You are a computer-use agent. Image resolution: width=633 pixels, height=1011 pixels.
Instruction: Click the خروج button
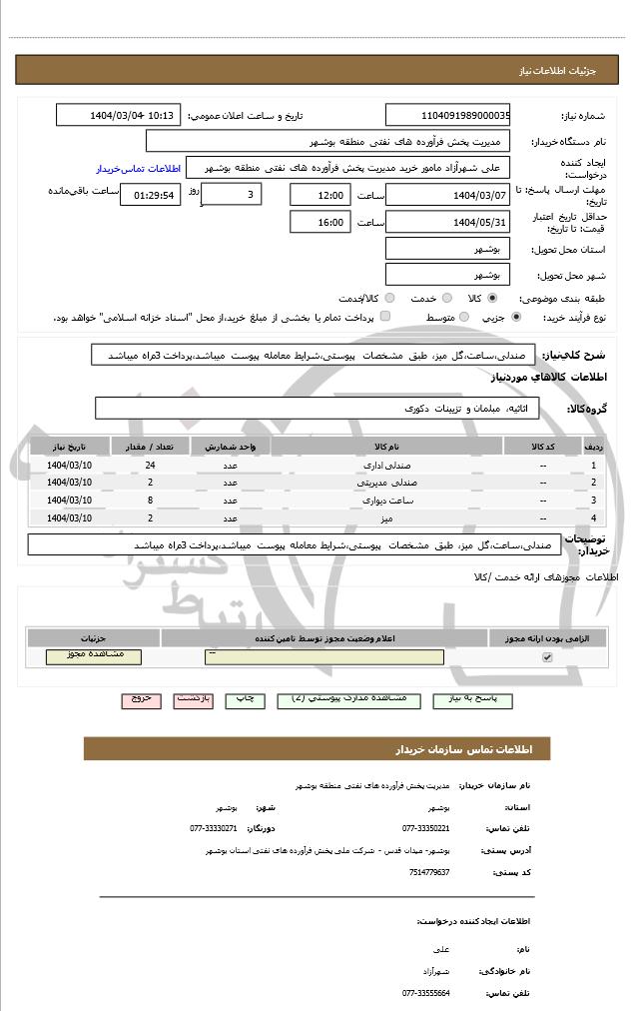141,699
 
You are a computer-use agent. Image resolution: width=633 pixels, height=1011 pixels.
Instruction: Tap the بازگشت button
193,699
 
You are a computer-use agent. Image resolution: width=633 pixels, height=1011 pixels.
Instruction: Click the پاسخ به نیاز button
473,699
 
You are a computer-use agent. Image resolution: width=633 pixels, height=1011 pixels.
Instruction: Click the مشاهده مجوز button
94,656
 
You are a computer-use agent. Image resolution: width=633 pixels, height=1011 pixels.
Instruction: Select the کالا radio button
491,298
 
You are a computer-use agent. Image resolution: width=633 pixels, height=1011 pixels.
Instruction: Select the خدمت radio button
445,298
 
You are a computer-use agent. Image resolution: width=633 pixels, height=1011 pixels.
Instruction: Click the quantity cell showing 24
150,466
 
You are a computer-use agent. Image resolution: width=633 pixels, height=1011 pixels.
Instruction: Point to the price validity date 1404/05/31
447,223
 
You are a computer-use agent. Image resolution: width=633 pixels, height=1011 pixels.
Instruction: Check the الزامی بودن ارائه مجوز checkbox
546,657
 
